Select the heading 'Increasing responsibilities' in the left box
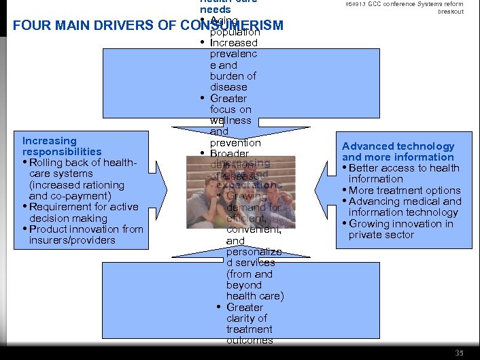pyautogui.click(x=61, y=146)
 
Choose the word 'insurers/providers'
pyautogui.click(x=72, y=240)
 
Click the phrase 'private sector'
pyautogui.click(x=381, y=235)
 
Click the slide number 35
pyautogui.click(x=460, y=352)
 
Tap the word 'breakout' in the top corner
pyautogui.click(x=451, y=12)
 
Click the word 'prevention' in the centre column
pyautogui.click(x=235, y=143)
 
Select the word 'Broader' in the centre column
pyautogui.click(x=230, y=154)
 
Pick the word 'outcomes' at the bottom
pyautogui.click(x=250, y=340)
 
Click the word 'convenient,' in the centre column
pyautogui.click(x=245, y=229)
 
